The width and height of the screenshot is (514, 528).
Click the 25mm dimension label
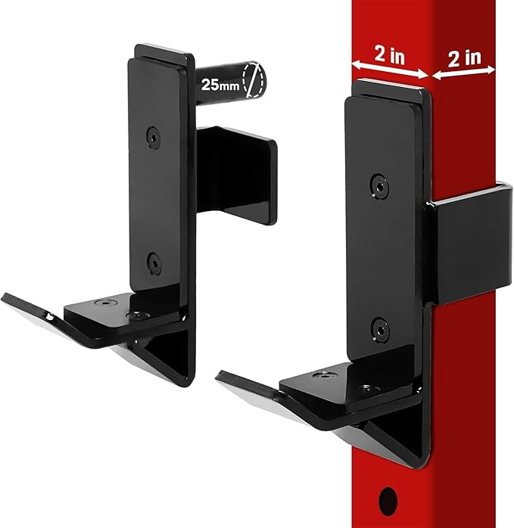(217, 85)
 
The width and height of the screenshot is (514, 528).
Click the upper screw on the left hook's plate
(154, 136)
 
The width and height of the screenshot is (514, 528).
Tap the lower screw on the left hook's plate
(154, 264)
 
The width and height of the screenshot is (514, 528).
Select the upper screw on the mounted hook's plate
(378, 184)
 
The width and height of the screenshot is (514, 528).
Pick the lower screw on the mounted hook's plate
(381, 328)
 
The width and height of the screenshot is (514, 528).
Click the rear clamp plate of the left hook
(238, 174)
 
